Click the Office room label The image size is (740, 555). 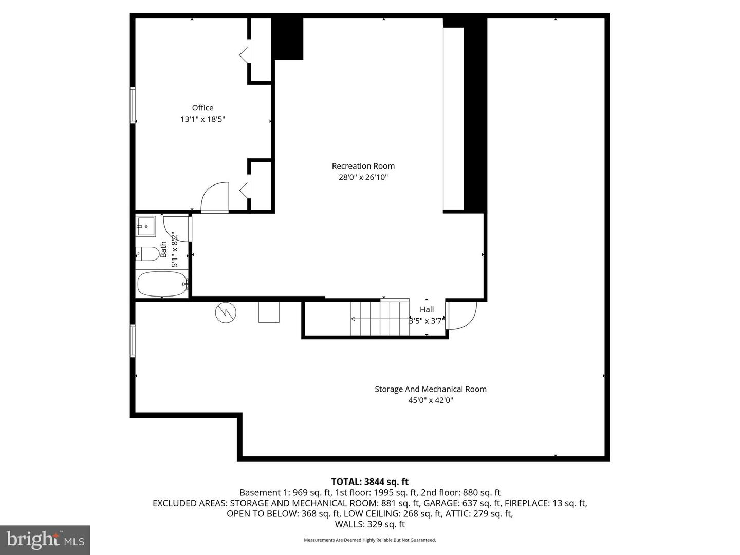point(202,108)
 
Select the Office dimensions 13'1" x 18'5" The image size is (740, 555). point(202,119)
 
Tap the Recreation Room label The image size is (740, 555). point(363,166)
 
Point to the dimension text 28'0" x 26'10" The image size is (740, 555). point(363,177)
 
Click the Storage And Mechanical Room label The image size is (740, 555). point(430,389)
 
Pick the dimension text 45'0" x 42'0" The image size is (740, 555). point(430,400)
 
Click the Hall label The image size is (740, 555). point(427,309)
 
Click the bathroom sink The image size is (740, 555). point(146,226)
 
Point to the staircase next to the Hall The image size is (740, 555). point(380,319)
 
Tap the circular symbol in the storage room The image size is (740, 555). point(225,312)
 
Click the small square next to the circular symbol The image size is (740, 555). point(269,312)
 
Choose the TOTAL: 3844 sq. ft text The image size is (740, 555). point(369,482)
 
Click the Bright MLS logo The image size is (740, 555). point(45,540)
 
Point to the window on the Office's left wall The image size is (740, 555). point(133,105)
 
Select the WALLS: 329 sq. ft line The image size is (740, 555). point(369,524)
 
